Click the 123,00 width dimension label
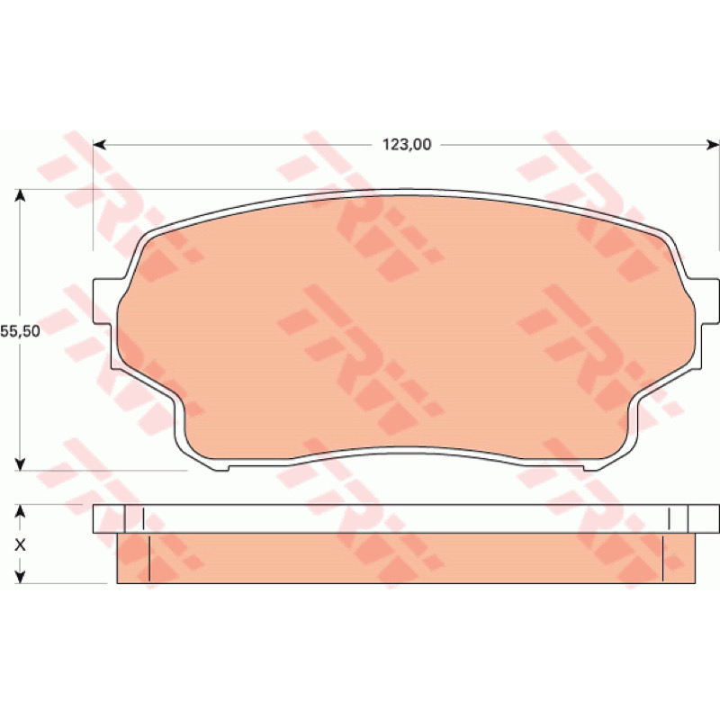pyautogui.click(x=407, y=145)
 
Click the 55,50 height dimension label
pyautogui.click(x=20, y=331)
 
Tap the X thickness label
pyautogui.click(x=20, y=545)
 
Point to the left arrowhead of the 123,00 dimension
pyautogui.click(x=100, y=145)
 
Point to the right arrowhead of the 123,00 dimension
pyautogui.click(x=712, y=145)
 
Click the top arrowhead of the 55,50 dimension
pyautogui.click(x=19, y=196)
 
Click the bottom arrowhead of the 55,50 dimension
pyautogui.click(x=19, y=463)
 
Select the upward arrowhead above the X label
pyautogui.click(x=19, y=511)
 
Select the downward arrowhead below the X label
pyautogui.click(x=19, y=577)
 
